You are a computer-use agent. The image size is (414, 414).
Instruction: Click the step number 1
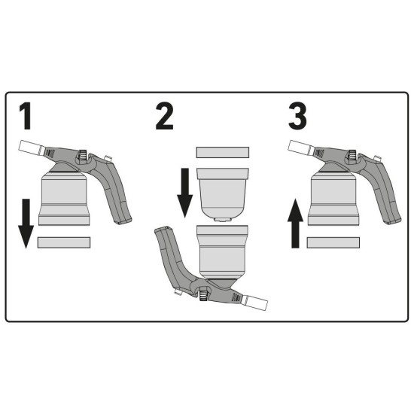[26, 116]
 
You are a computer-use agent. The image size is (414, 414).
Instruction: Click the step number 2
[165, 116]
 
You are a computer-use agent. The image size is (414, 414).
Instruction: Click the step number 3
[297, 116]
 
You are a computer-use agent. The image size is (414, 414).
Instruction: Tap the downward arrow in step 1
[26, 224]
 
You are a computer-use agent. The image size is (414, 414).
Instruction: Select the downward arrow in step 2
[185, 193]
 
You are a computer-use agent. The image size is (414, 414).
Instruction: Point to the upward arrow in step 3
[296, 224]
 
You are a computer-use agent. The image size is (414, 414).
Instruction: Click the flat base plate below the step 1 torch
[64, 242]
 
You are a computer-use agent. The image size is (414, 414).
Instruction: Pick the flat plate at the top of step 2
[223, 152]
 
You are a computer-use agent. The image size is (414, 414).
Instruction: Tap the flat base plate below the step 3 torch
[333, 242]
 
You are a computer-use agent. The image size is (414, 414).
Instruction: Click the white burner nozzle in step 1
[30, 148]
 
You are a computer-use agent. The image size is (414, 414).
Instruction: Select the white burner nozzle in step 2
[255, 303]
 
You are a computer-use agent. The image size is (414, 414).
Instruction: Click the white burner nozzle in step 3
[300, 148]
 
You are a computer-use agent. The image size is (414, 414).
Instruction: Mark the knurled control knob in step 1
[83, 154]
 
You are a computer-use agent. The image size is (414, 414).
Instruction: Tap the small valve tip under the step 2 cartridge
[223, 219]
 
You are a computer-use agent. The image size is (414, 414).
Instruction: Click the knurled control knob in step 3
[352, 154]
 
